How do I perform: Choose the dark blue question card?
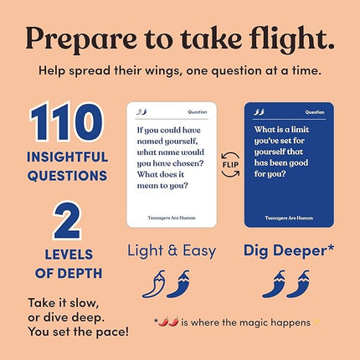pos(289,164)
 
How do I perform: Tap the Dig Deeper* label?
pos(290,250)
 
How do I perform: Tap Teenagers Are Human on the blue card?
pos(289,215)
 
